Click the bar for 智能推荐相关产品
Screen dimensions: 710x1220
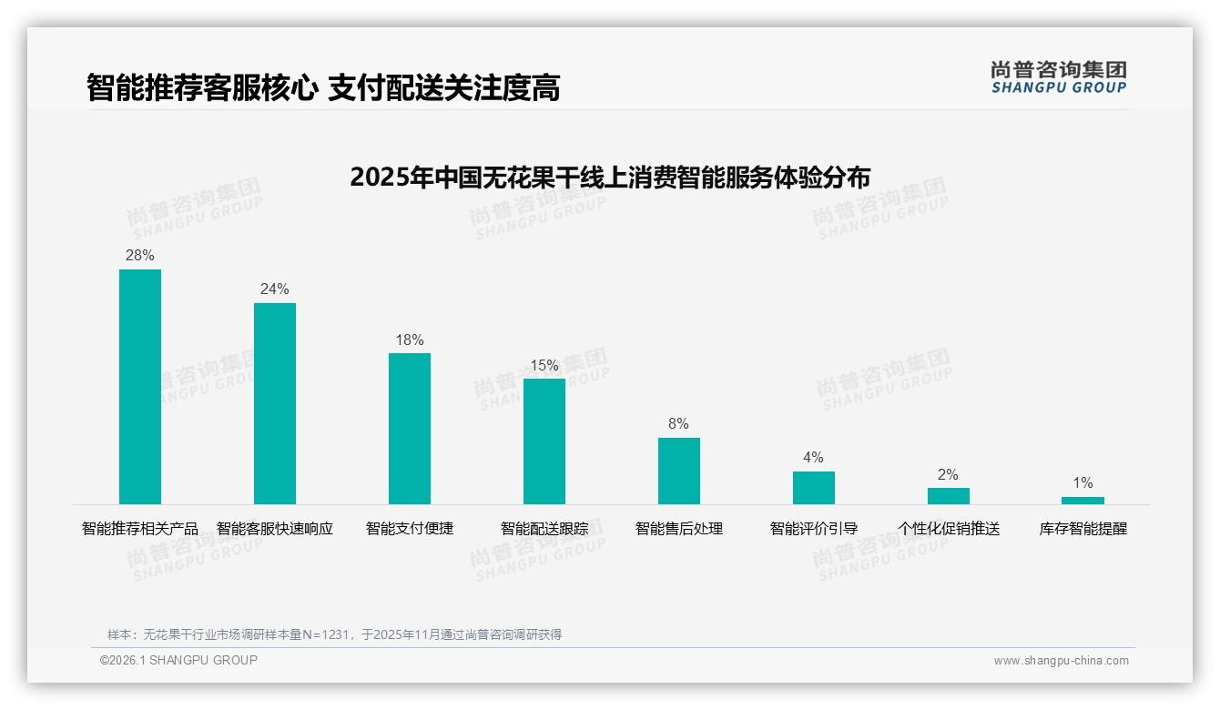coord(140,387)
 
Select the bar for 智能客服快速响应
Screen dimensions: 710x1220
coord(275,403)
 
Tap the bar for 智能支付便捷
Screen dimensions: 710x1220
coord(410,429)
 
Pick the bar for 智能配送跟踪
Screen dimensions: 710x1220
coord(544,441)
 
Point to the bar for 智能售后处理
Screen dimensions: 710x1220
coord(679,471)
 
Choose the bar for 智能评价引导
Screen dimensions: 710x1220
coord(814,488)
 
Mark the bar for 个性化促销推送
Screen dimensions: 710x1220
coord(949,496)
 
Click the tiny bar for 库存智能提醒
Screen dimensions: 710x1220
coord(1083,501)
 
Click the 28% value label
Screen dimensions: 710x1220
coord(140,256)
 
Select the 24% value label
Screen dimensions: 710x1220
coord(275,289)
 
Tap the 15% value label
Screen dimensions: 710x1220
coord(544,366)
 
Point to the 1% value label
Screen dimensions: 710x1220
coord(1083,483)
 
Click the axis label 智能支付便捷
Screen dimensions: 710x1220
coord(410,529)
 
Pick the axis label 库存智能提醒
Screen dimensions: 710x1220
coord(1083,529)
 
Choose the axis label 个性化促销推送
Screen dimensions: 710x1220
coord(949,529)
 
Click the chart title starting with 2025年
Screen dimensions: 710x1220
coord(610,177)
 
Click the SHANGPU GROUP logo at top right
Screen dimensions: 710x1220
coord(1059,77)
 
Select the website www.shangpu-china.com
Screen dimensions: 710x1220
coord(1061,661)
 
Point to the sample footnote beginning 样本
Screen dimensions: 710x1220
coord(334,634)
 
